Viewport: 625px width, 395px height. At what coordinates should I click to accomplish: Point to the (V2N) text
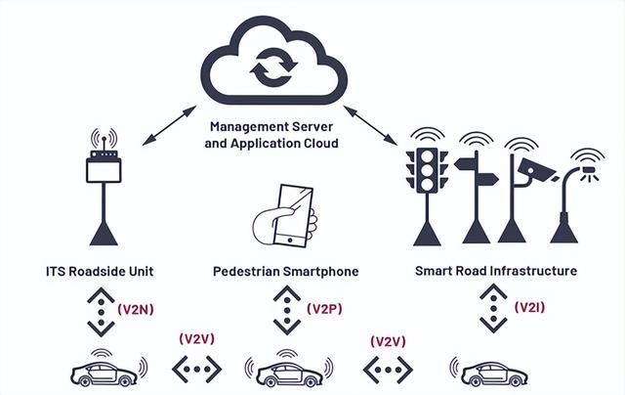tap(134, 308)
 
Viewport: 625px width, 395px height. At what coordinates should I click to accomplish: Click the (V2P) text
tap(323, 308)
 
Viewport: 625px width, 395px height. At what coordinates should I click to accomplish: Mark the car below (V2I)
tap(488, 373)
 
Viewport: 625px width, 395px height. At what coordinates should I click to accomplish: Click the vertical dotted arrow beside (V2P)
tap(284, 310)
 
